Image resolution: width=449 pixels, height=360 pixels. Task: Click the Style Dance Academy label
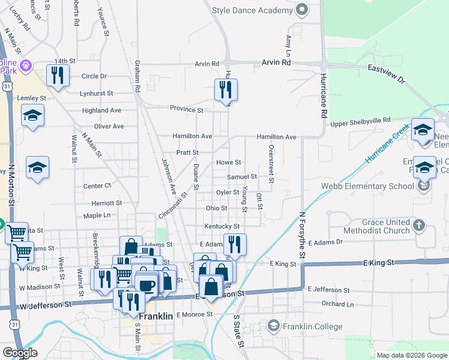tap(252, 10)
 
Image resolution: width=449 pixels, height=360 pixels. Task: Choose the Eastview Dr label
tap(387, 73)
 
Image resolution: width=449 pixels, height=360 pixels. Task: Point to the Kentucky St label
tap(221, 226)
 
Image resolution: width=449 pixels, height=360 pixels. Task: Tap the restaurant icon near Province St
tap(226, 90)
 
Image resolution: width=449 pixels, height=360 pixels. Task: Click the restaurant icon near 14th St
tap(58, 75)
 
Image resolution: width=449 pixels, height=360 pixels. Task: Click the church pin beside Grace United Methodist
tap(419, 226)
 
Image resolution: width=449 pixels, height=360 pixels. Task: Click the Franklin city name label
tap(155, 316)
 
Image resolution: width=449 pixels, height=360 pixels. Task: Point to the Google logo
tap(20, 353)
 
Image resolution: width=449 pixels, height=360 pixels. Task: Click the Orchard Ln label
tap(333, 304)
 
